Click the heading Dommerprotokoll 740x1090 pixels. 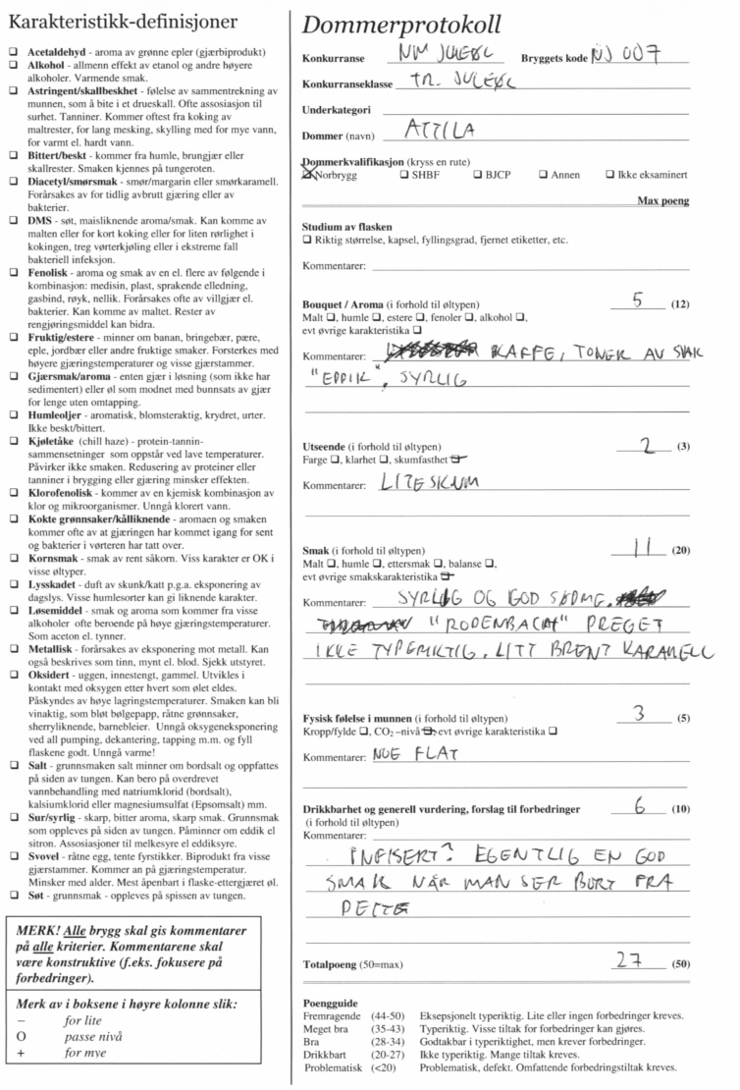pos(402,25)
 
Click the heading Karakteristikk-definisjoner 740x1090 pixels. pos(137,21)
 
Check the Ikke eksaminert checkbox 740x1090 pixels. pos(610,176)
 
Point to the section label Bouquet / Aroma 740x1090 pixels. pos(349,304)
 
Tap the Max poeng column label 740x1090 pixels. pos(662,200)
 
